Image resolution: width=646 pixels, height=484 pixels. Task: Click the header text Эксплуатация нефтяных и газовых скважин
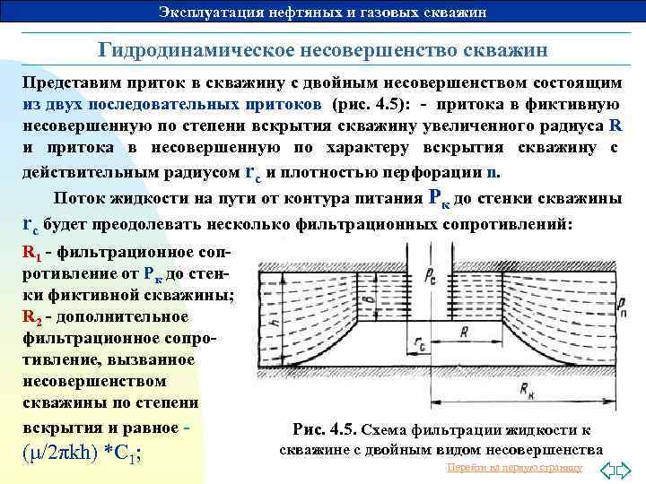tap(322, 12)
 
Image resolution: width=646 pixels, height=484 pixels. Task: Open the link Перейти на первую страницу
tap(513, 468)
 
